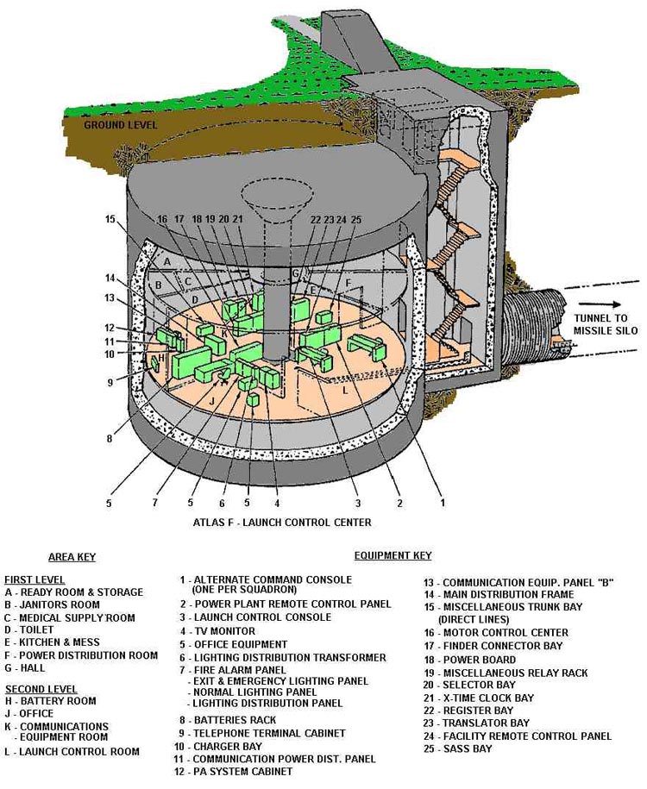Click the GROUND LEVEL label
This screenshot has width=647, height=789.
[x=120, y=125]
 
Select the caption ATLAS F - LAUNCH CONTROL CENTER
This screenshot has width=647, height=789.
[x=282, y=523]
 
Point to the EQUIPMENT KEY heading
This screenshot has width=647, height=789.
[x=393, y=556]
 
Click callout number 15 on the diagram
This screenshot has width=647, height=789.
[x=110, y=220]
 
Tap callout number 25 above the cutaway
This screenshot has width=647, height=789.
[x=355, y=220]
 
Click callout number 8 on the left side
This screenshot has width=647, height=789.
[x=110, y=438]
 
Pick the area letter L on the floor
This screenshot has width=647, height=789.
[x=345, y=390]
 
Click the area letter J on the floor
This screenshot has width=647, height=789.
[x=210, y=400]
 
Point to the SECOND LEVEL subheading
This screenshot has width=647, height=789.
[x=41, y=689]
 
